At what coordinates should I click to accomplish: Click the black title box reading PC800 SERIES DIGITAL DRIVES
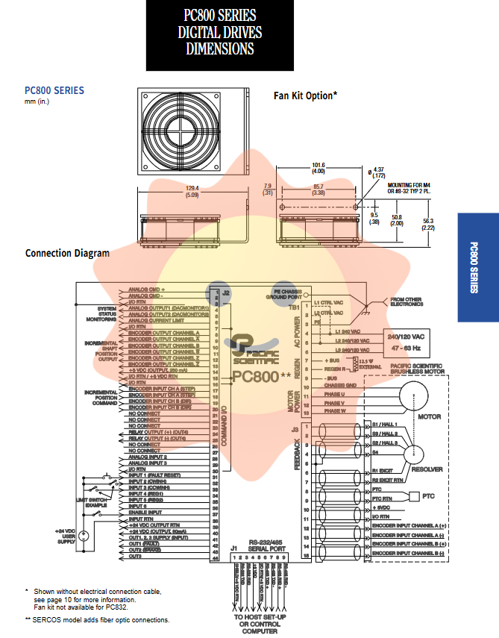(220, 34)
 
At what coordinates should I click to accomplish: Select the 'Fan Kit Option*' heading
(305, 96)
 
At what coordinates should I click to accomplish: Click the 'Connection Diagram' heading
(67, 253)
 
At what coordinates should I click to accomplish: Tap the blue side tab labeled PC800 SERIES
(477, 268)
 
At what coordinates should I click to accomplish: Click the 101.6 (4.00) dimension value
(318, 169)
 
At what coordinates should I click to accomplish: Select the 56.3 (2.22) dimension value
(428, 224)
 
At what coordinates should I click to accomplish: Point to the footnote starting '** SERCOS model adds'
(97, 620)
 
